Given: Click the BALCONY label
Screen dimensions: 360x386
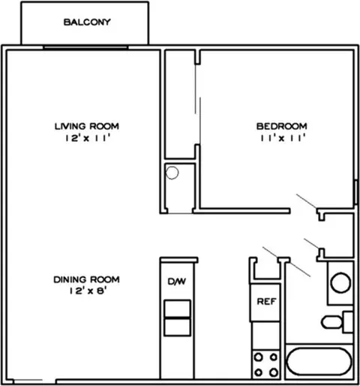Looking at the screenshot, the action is click(x=87, y=23).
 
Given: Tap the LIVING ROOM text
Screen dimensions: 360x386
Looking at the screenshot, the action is click(x=87, y=126).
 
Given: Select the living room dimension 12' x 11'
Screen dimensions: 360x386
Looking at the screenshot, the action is click(x=88, y=138).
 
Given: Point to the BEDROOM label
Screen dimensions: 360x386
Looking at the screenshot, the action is click(x=282, y=126).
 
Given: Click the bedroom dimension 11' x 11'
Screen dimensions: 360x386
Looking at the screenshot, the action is click(x=283, y=137).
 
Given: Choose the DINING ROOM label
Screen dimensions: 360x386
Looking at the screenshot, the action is click(x=86, y=279).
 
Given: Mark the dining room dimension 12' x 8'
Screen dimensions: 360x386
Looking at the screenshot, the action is click(x=88, y=291).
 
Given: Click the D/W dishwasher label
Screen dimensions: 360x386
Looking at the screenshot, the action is click(x=177, y=282).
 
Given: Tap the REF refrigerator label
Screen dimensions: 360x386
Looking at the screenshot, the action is click(x=266, y=302).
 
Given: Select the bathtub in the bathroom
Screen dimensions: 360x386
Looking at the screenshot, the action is click(x=319, y=361).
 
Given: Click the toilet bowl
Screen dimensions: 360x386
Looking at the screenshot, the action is click(x=331, y=322).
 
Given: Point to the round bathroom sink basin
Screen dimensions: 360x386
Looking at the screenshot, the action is click(x=340, y=282).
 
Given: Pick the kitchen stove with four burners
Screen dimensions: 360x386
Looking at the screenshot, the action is click(x=266, y=364).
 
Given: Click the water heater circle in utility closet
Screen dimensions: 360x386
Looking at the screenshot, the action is click(x=172, y=173).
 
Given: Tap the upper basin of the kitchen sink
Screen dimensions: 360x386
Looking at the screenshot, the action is click(x=177, y=309).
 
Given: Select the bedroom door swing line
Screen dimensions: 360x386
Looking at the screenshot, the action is click(x=307, y=201).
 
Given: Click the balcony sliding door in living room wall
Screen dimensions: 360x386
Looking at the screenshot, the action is click(x=85, y=47).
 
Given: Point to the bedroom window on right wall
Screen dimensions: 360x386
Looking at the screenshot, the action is click(x=356, y=192).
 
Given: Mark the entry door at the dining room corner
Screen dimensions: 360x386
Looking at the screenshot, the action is click(x=28, y=380).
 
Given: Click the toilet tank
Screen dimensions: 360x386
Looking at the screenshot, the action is click(x=348, y=322).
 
